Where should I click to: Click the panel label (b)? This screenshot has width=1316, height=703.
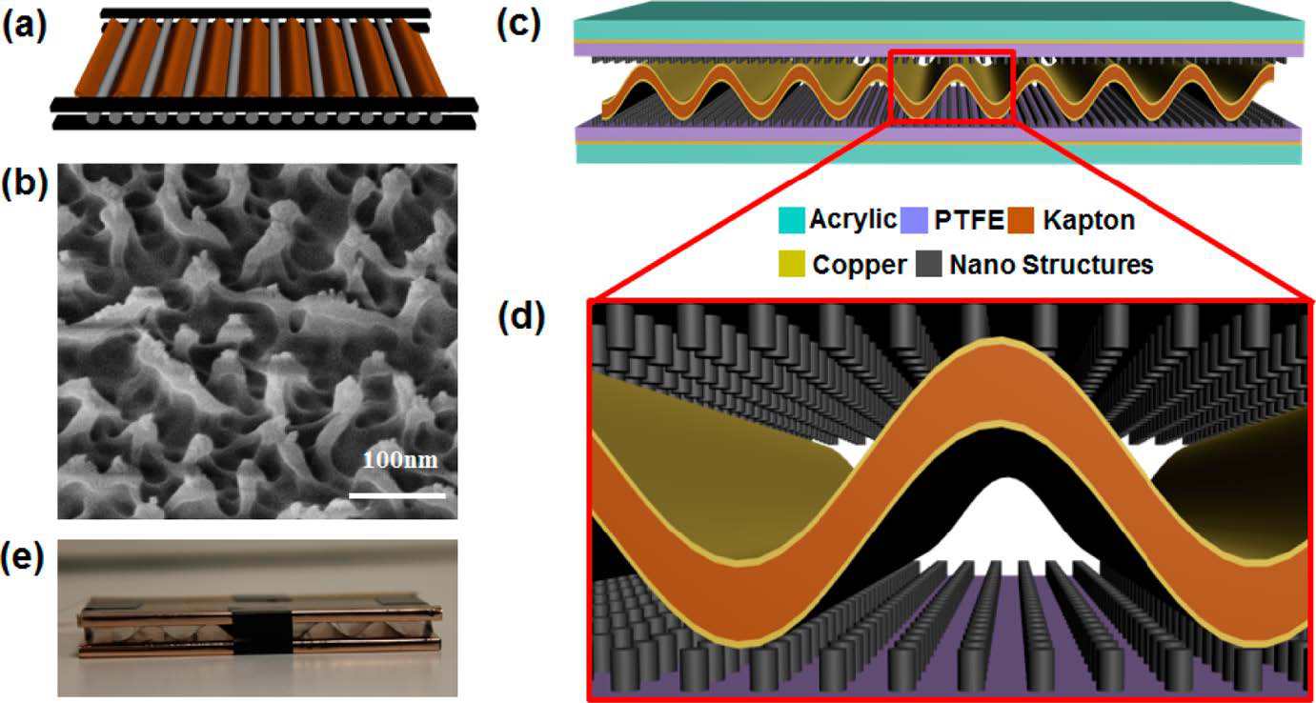[24, 186]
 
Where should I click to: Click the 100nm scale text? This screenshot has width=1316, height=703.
[400, 462]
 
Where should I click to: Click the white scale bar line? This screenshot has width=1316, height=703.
[396, 495]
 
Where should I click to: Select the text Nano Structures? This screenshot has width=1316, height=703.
[1051, 265]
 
